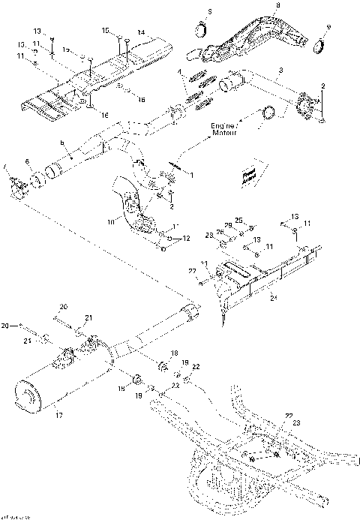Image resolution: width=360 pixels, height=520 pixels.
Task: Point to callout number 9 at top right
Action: [328, 28]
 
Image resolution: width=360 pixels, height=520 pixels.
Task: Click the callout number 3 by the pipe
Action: [280, 70]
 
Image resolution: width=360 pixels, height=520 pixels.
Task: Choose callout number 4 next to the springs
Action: [179, 71]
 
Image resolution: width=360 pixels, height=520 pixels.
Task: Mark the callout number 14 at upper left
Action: [140, 32]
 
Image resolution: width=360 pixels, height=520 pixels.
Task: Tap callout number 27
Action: [191, 270]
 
